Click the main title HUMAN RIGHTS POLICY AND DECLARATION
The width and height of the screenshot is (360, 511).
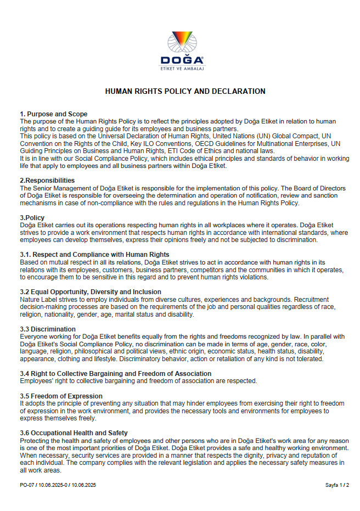(185, 92)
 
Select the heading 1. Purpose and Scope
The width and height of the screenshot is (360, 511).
(54, 114)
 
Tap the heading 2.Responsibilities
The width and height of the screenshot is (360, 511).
(47, 181)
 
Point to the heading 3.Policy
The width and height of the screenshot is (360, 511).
(32, 218)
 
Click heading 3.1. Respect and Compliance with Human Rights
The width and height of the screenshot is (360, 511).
(94, 255)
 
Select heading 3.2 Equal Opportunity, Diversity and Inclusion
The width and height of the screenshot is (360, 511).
(91, 292)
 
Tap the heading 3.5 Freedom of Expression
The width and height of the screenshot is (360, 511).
(61, 396)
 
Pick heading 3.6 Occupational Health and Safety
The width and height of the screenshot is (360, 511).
(74, 433)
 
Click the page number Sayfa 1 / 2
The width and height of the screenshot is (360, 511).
(337, 485)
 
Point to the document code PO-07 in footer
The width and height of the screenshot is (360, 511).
(27, 485)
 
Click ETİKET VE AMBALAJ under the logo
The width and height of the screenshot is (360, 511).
(182, 69)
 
